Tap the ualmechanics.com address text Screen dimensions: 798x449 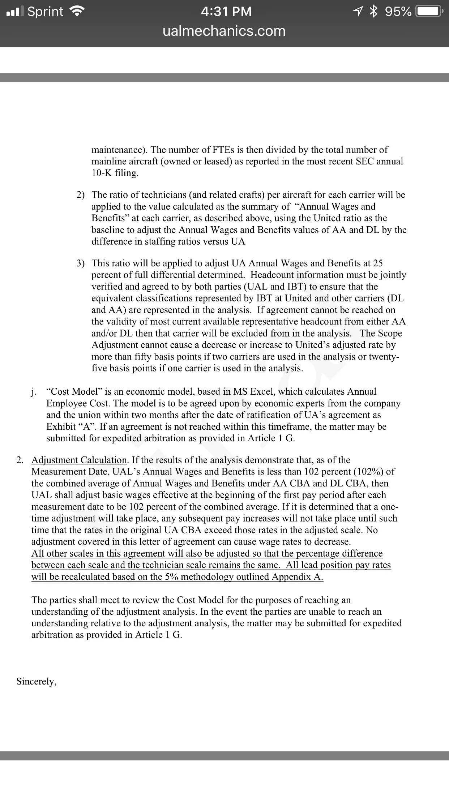224,31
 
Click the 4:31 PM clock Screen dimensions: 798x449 226,12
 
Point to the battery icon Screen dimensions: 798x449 428,12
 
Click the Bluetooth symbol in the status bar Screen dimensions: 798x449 373,12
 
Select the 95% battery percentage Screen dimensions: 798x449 398,12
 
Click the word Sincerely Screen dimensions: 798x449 37,681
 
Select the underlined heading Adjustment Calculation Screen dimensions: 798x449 79,460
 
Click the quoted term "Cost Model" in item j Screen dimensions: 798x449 74,391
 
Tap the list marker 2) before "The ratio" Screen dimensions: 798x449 81,195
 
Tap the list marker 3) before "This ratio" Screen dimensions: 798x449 81,263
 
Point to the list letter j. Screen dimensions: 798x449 33,392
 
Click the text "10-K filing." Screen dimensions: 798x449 115,173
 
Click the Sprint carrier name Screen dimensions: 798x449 45,12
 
